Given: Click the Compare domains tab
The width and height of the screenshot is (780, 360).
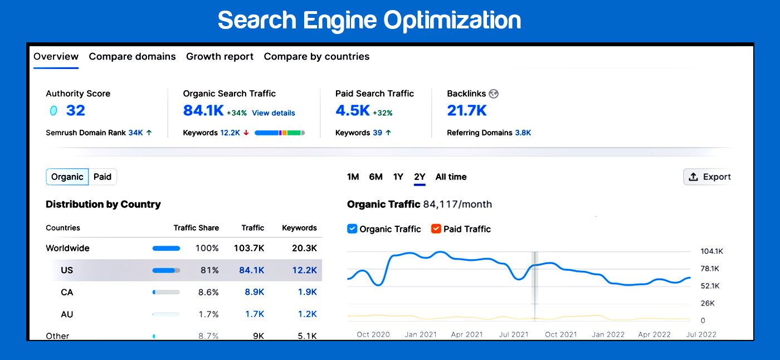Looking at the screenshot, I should pyautogui.click(x=132, y=56).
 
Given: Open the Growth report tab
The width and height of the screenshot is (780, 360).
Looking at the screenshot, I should pyautogui.click(x=220, y=56).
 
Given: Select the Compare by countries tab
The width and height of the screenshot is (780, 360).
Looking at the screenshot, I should pyautogui.click(x=316, y=56).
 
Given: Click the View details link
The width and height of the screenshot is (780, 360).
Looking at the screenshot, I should pyautogui.click(x=273, y=113).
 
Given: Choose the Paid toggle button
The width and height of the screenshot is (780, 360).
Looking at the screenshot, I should pyautogui.click(x=103, y=177).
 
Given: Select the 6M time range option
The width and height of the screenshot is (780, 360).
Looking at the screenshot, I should pyautogui.click(x=376, y=177).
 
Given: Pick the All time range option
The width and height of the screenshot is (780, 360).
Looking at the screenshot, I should pyautogui.click(x=451, y=177).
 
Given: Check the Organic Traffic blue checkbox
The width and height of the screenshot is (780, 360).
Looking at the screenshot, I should pyautogui.click(x=352, y=228).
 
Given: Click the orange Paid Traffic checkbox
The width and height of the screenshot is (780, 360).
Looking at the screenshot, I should pyautogui.click(x=436, y=228).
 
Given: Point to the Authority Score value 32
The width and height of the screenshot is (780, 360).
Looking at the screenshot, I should pyautogui.click(x=75, y=110).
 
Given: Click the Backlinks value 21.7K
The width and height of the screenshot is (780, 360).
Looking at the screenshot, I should pyautogui.click(x=467, y=110).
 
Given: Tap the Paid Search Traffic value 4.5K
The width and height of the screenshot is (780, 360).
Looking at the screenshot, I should pyautogui.click(x=353, y=110).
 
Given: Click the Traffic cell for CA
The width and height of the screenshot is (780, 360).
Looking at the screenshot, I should pyautogui.click(x=254, y=292).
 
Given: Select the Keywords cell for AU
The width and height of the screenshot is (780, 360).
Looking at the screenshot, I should pyautogui.click(x=307, y=314).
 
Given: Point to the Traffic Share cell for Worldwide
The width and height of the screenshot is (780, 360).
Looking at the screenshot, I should pyautogui.click(x=207, y=248).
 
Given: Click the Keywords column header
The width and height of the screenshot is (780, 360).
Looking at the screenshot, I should pyautogui.click(x=299, y=227).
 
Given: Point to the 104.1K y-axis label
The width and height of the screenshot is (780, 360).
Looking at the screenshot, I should pyautogui.click(x=711, y=251).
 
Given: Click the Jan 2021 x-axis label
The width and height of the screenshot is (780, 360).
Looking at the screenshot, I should pyautogui.click(x=420, y=334).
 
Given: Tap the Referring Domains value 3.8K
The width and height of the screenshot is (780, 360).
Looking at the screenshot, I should pyautogui.click(x=523, y=133).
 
